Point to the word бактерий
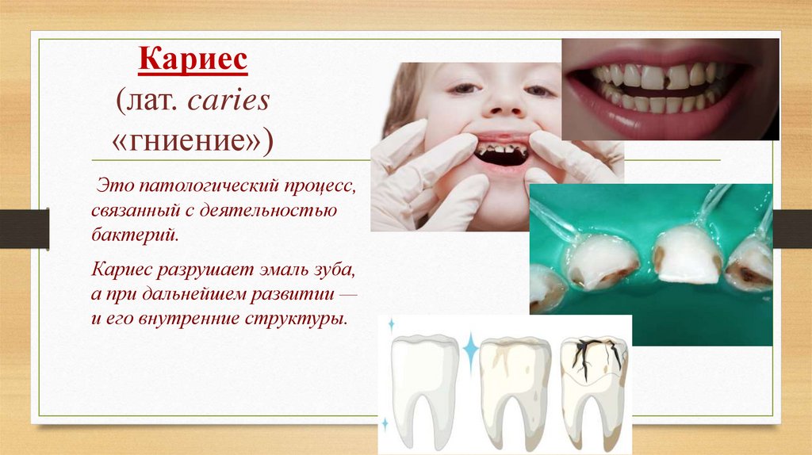click(133, 235)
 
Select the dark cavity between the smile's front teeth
click(677, 78)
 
